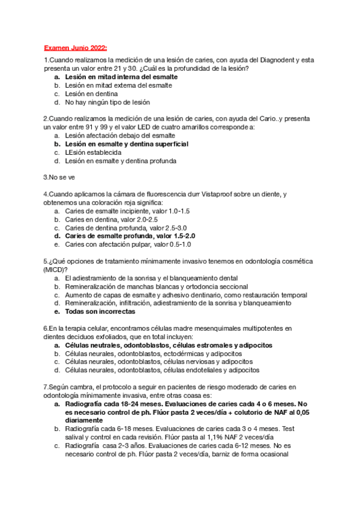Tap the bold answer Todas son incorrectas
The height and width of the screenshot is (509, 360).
click(100, 312)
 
